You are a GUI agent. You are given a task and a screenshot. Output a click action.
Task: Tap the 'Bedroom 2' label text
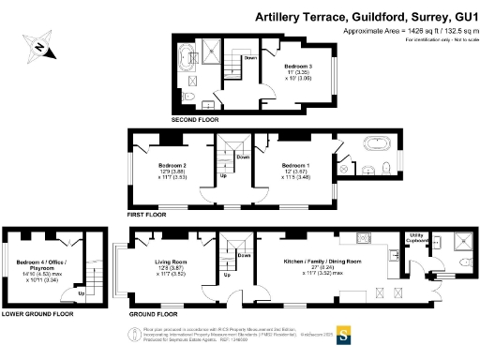pos(172,169)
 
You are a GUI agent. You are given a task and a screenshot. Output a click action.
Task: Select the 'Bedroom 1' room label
pos(296,169)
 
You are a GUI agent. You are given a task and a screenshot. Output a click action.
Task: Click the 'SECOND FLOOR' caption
pos(195,121)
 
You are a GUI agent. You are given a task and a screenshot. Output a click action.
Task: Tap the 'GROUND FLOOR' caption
pos(152,312)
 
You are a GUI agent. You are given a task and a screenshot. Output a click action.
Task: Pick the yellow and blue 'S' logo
pos(343,332)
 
